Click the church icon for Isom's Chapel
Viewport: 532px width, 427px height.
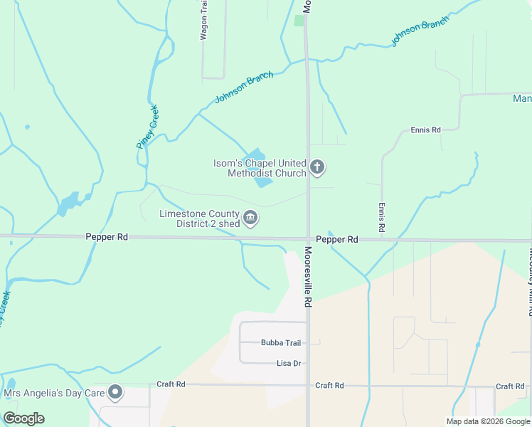tap(317, 168)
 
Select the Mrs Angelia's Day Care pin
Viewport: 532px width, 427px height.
tap(115, 392)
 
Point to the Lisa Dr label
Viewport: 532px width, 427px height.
tap(289, 364)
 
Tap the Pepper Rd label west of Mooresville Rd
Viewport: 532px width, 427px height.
tap(107, 237)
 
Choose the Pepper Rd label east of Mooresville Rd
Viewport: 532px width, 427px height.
tap(337, 240)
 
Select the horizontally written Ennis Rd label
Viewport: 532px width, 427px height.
tap(426, 130)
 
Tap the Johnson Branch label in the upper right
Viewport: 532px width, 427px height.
tap(420, 32)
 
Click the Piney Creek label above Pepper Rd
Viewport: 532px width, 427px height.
tap(147, 127)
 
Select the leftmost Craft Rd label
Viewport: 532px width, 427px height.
tap(171, 384)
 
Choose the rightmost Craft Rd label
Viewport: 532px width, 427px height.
tap(510, 386)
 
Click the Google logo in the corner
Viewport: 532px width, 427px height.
tap(23, 418)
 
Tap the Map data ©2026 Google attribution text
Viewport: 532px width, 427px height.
tap(488, 421)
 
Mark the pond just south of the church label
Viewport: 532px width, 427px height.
tap(263, 181)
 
